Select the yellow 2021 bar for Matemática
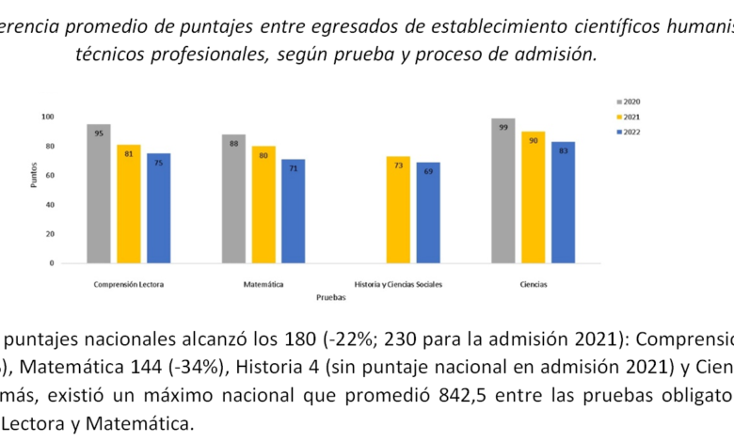coord(263,204)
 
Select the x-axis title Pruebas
coord(330,296)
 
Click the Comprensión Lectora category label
coord(129,283)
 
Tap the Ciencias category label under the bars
coord(533,283)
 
